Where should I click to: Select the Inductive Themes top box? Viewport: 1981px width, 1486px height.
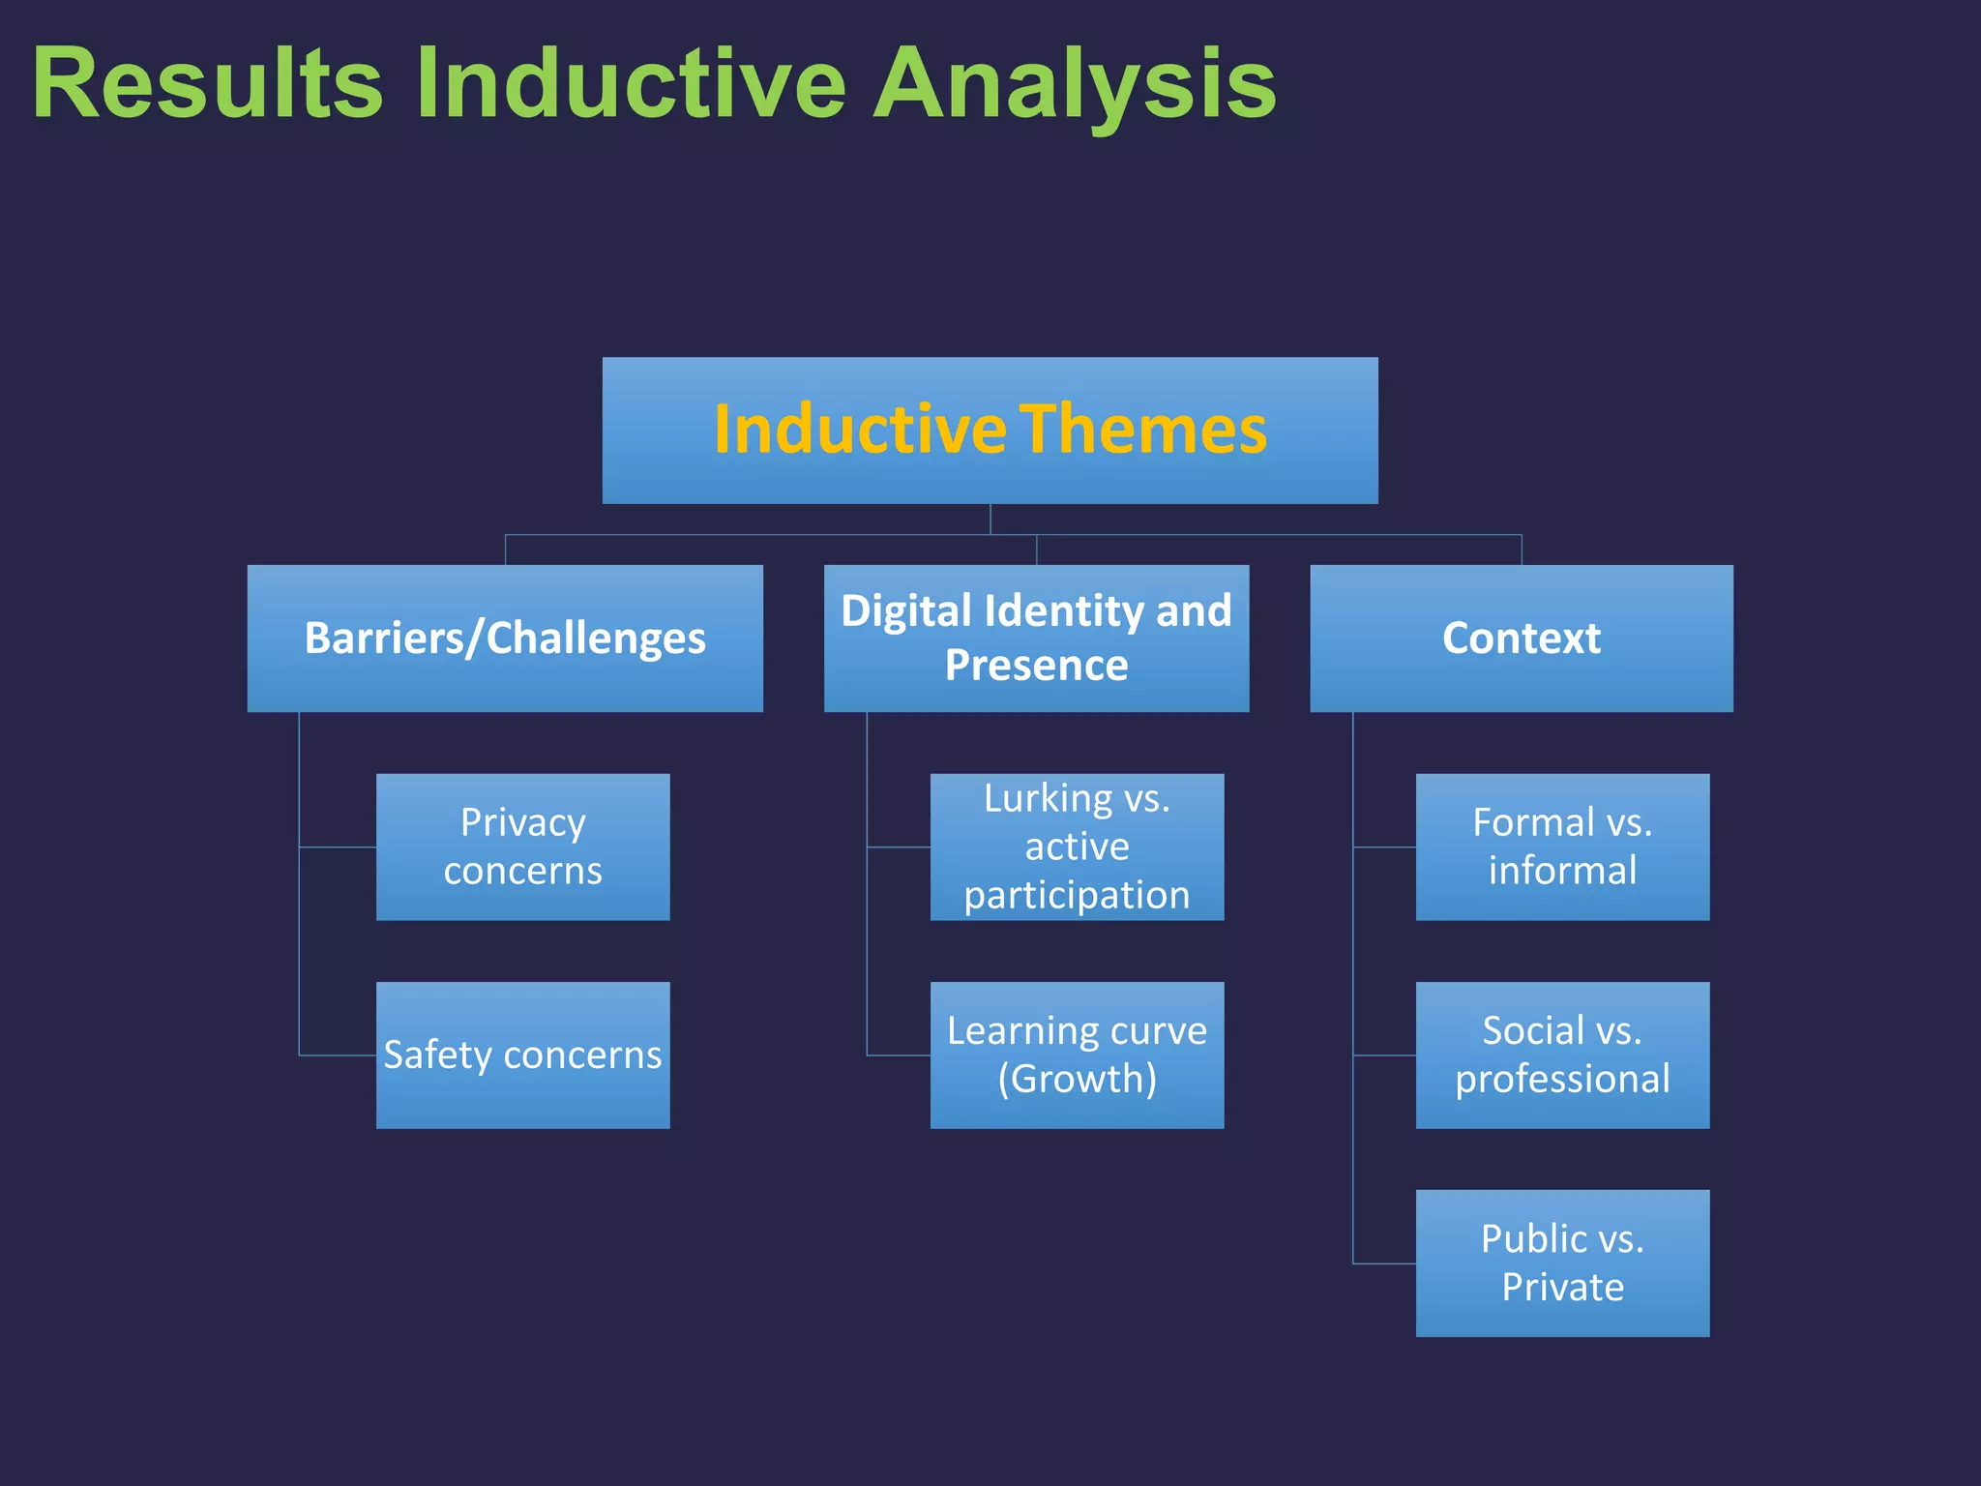pyautogui.click(x=990, y=431)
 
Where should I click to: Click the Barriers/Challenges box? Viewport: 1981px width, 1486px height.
pyautogui.click(x=505, y=639)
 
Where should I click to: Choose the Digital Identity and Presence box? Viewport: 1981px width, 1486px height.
pyautogui.click(x=1036, y=639)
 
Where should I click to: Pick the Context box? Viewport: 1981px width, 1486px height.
pyautogui.click(x=1521, y=639)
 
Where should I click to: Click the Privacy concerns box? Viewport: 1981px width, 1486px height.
pyautogui.click(x=522, y=847)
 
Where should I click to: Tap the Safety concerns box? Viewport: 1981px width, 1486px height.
pyautogui.click(x=522, y=1055)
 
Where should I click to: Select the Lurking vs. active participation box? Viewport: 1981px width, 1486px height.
pyautogui.click(x=1077, y=847)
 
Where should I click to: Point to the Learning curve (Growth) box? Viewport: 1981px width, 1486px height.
pyautogui.click(x=1077, y=1055)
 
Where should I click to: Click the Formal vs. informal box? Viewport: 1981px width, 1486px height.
pyautogui.click(x=1562, y=847)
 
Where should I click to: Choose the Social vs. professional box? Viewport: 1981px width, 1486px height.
pyautogui.click(x=1562, y=1055)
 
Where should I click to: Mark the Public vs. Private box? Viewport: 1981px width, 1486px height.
pyautogui.click(x=1562, y=1263)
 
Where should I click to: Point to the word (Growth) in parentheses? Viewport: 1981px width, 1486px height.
pyautogui.click(x=1077, y=1079)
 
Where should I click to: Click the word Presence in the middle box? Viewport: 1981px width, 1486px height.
pyautogui.click(x=1036, y=666)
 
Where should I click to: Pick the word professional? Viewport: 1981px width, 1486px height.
pyautogui.click(x=1562, y=1079)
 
